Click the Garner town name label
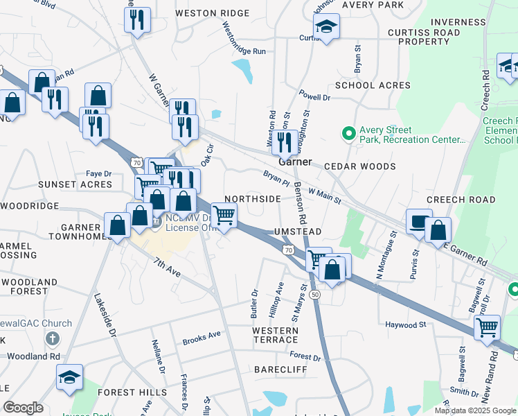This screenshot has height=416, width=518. click(295, 162)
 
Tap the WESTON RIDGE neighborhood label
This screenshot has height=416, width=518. click(202, 13)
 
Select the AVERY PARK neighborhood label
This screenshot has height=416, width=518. click(377, 6)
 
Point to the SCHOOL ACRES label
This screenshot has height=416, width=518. click(373, 86)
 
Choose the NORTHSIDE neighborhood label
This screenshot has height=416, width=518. click(253, 199)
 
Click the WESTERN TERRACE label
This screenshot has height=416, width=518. click(275, 336)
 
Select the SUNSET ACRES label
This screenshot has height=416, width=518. click(76, 185)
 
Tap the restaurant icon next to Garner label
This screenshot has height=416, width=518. click(284, 142)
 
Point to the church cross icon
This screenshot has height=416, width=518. click(52, 338)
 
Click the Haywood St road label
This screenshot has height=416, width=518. click(405, 324)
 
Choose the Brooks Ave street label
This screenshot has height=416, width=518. click(202, 338)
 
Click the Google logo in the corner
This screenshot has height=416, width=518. click(23, 408)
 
